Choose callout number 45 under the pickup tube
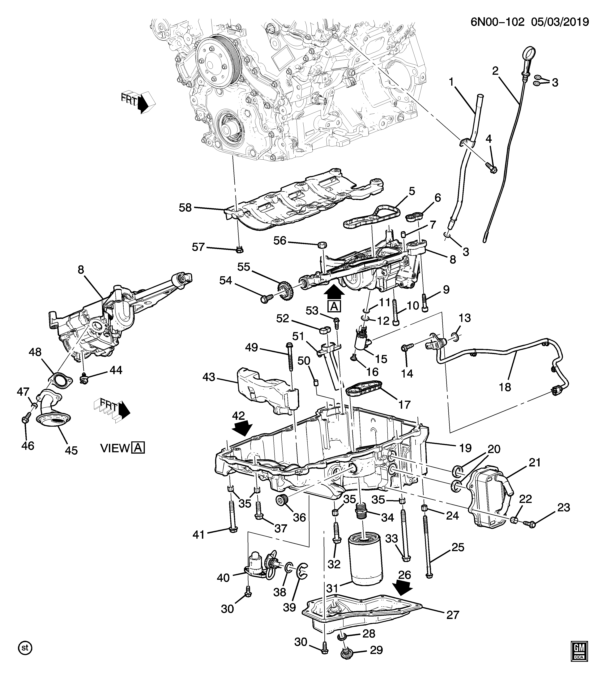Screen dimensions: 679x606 [71, 450]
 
